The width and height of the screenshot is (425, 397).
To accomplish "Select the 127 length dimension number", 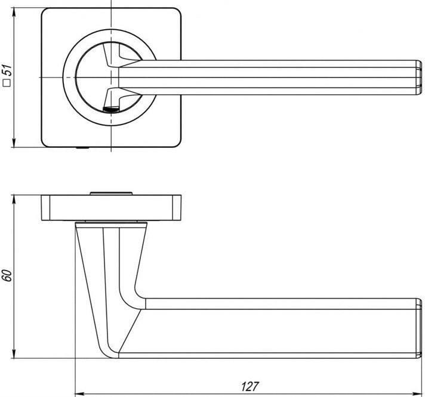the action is (251, 386).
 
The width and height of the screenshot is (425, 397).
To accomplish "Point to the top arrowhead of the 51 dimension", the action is (14, 11).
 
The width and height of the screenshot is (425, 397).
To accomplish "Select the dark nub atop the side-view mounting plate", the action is (112, 192).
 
